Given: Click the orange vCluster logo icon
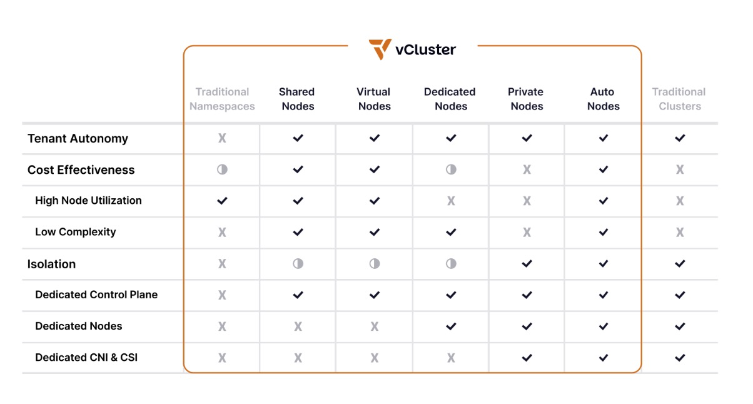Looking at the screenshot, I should coord(380,49).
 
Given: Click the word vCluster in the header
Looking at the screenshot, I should coord(425,49).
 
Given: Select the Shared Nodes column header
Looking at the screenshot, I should coord(298,99).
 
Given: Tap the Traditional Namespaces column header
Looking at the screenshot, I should coord(222,99).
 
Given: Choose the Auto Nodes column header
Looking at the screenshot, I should coord(603,99).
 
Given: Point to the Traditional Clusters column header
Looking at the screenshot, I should coord(679,99).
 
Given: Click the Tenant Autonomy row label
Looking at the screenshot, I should coord(78,139).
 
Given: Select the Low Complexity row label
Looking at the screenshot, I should coord(76,232).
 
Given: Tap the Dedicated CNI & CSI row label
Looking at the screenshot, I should coord(86,358).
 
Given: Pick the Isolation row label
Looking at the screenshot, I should coord(51,264).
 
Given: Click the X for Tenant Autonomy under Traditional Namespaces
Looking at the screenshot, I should coord(222,138).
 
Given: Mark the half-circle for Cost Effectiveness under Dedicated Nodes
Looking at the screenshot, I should coord(451,169).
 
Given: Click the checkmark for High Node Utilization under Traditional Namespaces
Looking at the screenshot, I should coord(222,201).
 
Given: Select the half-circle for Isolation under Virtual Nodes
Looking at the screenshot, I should coord(375,264).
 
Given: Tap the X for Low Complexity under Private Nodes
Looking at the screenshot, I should coord(527,233).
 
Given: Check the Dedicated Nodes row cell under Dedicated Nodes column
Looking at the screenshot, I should coord(451,326).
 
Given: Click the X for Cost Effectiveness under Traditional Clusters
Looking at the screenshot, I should coord(680,169).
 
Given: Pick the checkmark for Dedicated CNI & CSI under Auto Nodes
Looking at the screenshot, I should coord(604,358).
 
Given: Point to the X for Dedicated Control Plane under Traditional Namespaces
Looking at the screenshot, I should coord(222,295).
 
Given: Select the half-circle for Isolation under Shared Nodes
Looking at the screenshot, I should coord(298,264).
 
